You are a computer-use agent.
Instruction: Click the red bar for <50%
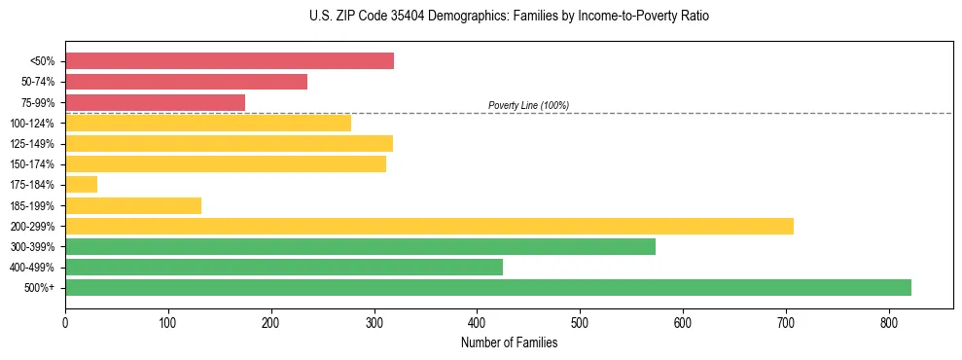(230, 61)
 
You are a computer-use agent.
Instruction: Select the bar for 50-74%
(186, 82)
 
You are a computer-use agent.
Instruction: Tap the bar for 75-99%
(155, 102)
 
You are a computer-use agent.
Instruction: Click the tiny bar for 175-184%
(81, 184)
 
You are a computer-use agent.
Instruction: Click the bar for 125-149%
(229, 143)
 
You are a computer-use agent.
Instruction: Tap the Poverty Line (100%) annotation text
(528, 105)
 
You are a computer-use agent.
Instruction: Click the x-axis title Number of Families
(509, 342)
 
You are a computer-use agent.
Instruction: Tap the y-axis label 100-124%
(32, 124)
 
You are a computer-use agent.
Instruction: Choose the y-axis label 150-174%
(32, 164)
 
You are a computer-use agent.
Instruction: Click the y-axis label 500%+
(39, 288)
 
